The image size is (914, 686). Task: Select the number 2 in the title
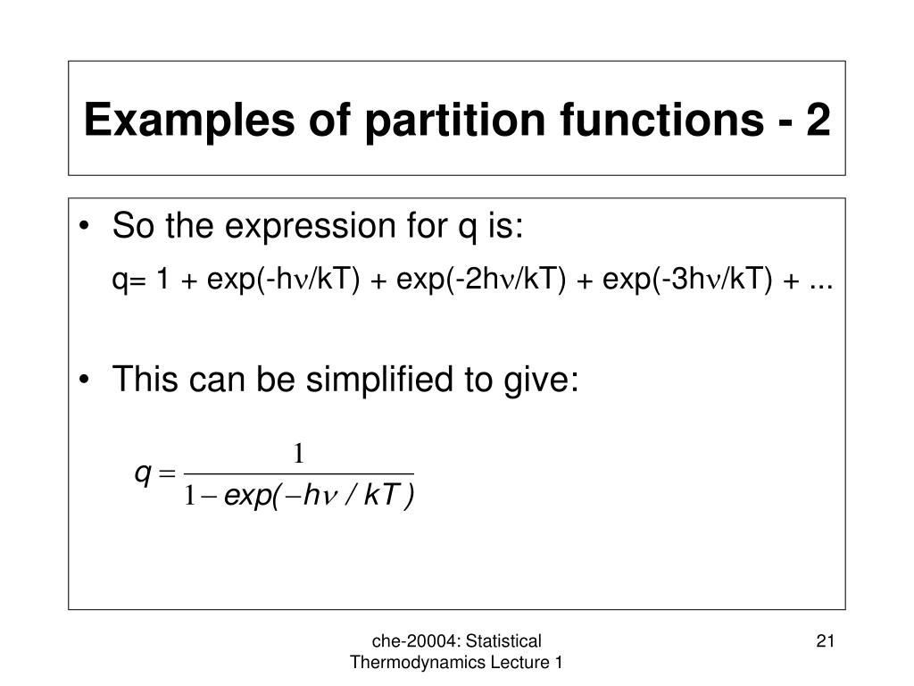click(817, 121)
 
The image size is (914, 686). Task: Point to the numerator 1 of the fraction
click(300, 455)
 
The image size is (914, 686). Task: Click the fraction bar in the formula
click(300, 473)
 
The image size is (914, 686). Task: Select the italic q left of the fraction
click(141, 475)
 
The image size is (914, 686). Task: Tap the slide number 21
click(824, 640)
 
